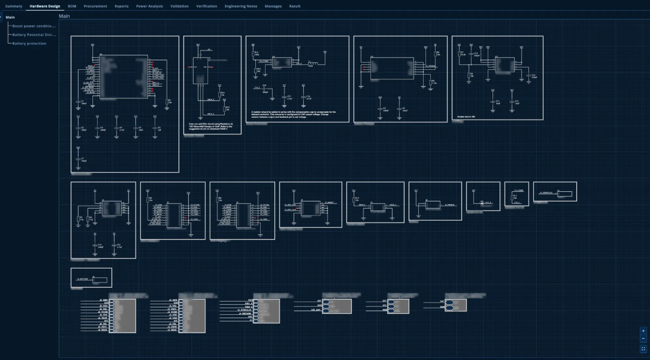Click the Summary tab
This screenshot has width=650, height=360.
[13, 6]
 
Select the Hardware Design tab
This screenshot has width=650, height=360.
[45, 6]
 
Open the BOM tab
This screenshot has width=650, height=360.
[72, 6]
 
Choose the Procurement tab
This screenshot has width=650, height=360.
[95, 6]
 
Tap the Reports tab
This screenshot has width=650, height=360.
[122, 6]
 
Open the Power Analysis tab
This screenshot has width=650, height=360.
[149, 6]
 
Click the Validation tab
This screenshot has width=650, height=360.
[179, 6]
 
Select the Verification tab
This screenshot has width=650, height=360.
[206, 6]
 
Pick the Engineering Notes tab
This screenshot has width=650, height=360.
[241, 6]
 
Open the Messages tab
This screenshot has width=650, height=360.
[273, 6]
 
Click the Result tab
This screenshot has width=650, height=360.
[295, 6]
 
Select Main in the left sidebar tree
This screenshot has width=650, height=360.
[10, 17]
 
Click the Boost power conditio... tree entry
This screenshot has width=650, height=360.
[34, 26]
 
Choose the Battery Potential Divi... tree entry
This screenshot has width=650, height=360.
[34, 34]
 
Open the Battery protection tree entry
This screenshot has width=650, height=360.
[29, 44]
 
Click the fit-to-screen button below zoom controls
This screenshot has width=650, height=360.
[643, 349]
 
